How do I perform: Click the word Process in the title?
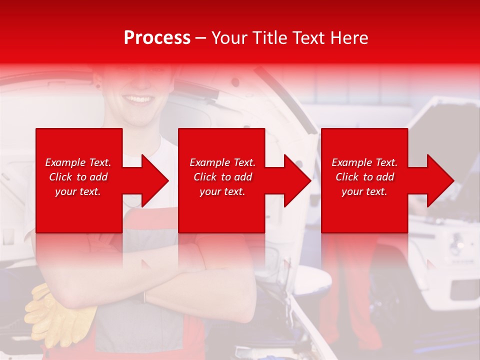pyautogui.click(x=157, y=38)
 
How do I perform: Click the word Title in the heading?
pyautogui.click(x=269, y=38)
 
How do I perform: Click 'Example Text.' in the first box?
pyautogui.click(x=78, y=162)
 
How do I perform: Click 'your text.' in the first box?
pyautogui.click(x=78, y=191)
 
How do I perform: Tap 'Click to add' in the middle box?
pyautogui.click(x=222, y=177)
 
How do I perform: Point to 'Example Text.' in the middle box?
pyautogui.click(x=222, y=162)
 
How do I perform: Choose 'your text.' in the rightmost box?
pyautogui.click(x=364, y=191)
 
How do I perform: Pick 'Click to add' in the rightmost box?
pyautogui.click(x=364, y=177)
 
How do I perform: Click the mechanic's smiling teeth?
pyautogui.click(x=138, y=98)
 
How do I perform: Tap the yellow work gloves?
pyautogui.click(x=55, y=315)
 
